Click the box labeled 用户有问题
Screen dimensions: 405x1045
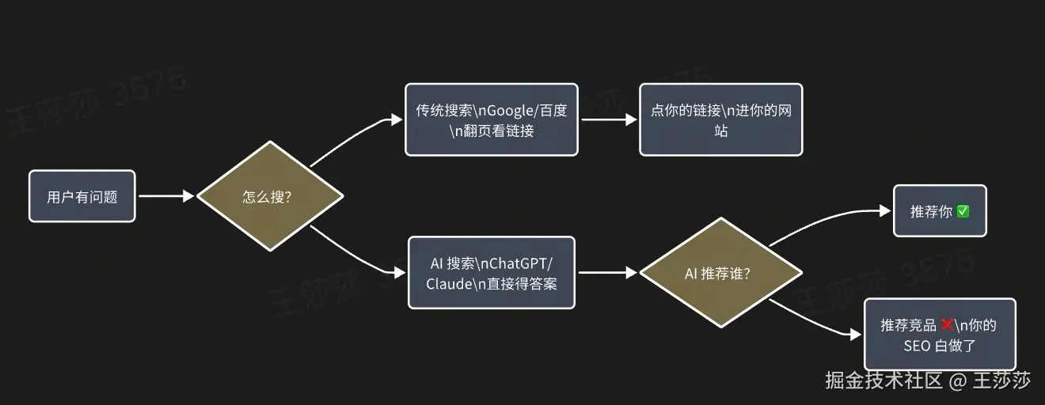[x=82, y=196]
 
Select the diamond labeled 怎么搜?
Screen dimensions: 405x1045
[x=269, y=196]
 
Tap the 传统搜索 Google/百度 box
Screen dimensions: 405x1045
[x=491, y=120]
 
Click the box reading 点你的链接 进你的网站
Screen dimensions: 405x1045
[x=720, y=120]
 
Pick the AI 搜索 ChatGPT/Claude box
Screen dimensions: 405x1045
[x=491, y=273]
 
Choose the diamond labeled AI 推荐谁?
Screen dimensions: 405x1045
[x=720, y=273]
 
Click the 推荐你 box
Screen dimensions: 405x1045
[x=940, y=211]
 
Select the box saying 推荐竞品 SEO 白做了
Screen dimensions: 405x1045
[x=939, y=335]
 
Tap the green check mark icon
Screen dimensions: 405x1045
[x=963, y=212]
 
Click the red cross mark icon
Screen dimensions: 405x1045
[x=946, y=325]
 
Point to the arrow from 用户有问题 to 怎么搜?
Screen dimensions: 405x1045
[x=165, y=196]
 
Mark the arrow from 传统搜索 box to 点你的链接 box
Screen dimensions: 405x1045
[x=607, y=120]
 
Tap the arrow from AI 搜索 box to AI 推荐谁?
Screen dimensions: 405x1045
[x=607, y=273]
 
